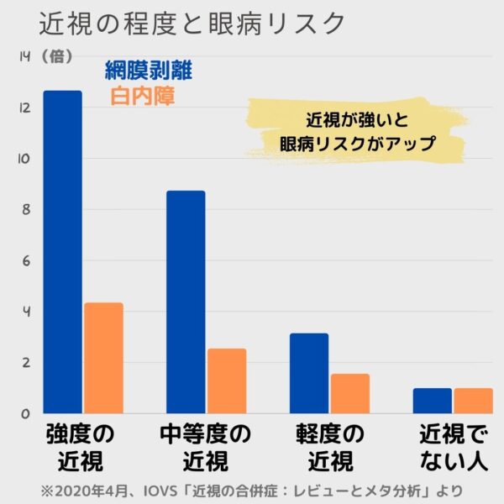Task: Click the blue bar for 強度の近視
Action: point(63,252)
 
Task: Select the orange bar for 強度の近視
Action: point(103,358)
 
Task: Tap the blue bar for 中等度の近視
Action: point(186,302)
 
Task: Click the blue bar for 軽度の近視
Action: point(308,373)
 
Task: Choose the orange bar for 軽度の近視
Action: point(349,393)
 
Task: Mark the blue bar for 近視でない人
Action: point(432,401)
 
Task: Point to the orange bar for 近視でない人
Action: point(472,401)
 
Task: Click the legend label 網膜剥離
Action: point(149,71)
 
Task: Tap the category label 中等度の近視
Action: point(206,448)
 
